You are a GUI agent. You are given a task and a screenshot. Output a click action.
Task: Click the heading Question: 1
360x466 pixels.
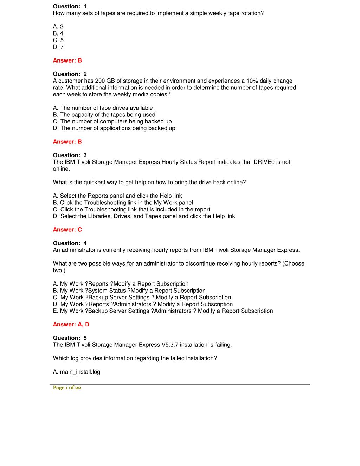(70, 6)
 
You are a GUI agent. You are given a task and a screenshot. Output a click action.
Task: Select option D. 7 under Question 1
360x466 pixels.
(58, 47)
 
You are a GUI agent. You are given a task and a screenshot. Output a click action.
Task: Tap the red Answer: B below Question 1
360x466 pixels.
(67, 60)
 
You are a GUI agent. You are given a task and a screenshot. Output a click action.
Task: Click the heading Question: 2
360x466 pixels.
(70, 74)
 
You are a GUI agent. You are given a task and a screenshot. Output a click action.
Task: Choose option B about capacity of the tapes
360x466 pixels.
(104, 115)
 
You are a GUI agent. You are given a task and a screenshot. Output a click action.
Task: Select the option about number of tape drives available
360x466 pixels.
(103, 108)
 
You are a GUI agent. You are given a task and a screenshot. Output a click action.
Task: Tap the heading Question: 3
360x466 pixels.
(70, 155)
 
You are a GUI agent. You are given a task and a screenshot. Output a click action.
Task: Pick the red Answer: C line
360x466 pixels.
(67, 230)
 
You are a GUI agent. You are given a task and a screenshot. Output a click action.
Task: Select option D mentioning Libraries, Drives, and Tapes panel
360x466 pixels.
(144, 216)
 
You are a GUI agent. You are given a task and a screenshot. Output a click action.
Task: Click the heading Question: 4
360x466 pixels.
(70, 243)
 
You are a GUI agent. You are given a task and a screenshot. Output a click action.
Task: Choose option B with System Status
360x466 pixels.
(129, 291)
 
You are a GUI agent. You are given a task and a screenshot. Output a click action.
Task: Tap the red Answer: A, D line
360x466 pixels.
(71, 324)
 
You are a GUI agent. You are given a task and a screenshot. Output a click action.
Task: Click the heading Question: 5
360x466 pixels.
(70, 338)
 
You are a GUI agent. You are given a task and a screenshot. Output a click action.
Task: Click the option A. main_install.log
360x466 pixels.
(77, 372)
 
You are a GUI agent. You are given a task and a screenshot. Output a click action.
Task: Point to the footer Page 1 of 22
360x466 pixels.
(67, 388)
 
